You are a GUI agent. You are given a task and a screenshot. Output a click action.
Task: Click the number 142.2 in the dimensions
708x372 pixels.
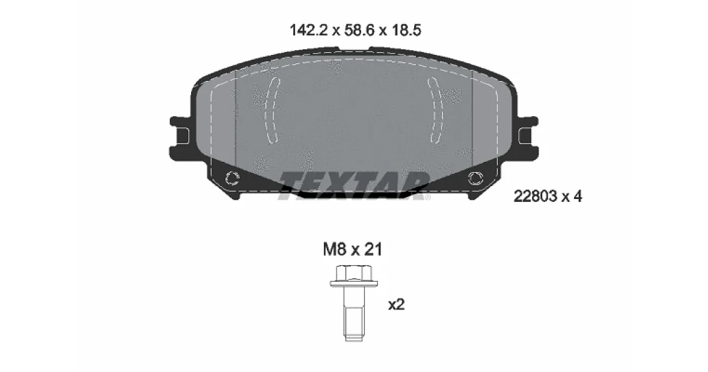click(x=309, y=30)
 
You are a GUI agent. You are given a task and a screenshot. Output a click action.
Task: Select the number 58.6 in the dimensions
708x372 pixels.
click(x=359, y=30)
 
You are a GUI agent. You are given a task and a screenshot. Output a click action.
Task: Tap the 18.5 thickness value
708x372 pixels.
click(x=407, y=30)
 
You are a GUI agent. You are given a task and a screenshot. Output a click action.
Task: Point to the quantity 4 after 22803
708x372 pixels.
click(x=578, y=197)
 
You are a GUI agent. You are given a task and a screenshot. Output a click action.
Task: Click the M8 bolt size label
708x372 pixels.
click(x=335, y=249)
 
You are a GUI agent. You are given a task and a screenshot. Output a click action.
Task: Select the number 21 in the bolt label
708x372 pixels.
click(x=373, y=249)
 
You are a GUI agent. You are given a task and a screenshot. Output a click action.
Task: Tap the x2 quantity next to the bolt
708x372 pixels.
click(x=396, y=305)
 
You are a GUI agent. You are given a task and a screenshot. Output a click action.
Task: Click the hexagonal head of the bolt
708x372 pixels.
click(x=353, y=273)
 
